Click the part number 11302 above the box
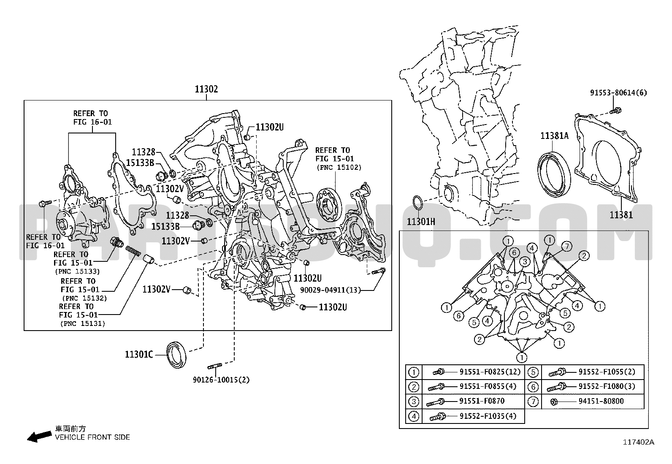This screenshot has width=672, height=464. [206, 89]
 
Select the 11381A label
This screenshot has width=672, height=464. [555, 136]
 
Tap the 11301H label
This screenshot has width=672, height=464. [421, 221]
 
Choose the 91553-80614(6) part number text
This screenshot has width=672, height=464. [618, 92]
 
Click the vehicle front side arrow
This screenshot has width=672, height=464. [38, 437]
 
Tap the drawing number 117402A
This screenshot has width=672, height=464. [639, 442]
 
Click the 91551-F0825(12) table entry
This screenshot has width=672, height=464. [490, 372]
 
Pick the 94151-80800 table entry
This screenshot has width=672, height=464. [601, 401]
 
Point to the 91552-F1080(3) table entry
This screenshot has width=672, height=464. [607, 386]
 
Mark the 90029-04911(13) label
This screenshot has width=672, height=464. [331, 290]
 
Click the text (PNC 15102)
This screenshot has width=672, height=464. [339, 167]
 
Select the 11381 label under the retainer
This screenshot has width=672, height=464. [621, 215]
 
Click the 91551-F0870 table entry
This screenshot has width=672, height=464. [482, 401]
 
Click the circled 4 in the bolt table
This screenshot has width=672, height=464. [414, 416]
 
